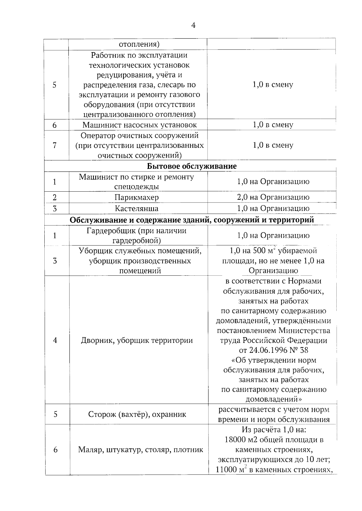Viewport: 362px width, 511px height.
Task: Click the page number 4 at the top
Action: (x=193, y=25)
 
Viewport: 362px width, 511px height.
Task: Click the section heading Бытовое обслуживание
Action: (x=192, y=166)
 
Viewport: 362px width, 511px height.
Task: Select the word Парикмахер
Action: (x=137, y=197)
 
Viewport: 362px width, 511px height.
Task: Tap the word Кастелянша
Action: (x=137, y=208)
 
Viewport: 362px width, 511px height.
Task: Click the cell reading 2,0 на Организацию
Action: (x=273, y=197)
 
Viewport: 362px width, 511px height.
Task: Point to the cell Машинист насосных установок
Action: (x=139, y=125)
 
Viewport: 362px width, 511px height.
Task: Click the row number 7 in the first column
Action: (x=55, y=145)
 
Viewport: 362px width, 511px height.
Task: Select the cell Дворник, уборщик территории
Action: (x=137, y=340)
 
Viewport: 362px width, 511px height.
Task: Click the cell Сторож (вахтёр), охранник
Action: (x=137, y=414)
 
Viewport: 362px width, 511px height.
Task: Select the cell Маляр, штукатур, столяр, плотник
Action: (x=141, y=450)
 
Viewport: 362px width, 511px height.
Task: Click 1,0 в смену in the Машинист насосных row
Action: (x=273, y=125)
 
